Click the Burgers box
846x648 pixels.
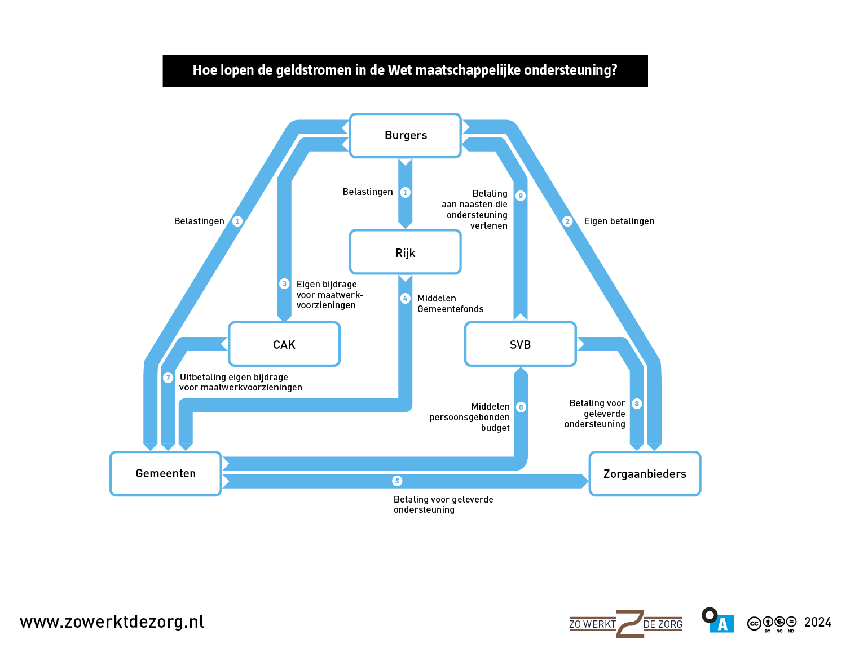[x=406, y=135]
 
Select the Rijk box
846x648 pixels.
[x=406, y=252]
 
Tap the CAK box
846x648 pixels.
[x=284, y=344]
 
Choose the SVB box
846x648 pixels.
[x=520, y=344]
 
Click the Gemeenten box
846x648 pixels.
[x=166, y=473]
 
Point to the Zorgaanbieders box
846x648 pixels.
[x=645, y=474]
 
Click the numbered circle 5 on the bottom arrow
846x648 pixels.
[x=397, y=481]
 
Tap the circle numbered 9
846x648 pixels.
[x=521, y=196]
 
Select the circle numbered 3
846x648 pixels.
[x=284, y=283]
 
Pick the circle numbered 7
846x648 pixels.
[x=168, y=378]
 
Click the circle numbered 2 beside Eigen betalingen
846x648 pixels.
[x=567, y=221]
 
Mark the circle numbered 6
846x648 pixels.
[x=521, y=407]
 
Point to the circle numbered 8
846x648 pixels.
[x=637, y=403]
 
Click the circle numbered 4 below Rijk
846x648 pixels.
[x=405, y=298]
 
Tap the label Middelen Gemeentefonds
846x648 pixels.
[x=450, y=304]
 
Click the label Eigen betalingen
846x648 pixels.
[x=619, y=221]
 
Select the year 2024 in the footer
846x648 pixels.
[x=817, y=622]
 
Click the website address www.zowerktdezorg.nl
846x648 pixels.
[x=112, y=622]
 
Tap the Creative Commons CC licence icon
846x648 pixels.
[x=754, y=623]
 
